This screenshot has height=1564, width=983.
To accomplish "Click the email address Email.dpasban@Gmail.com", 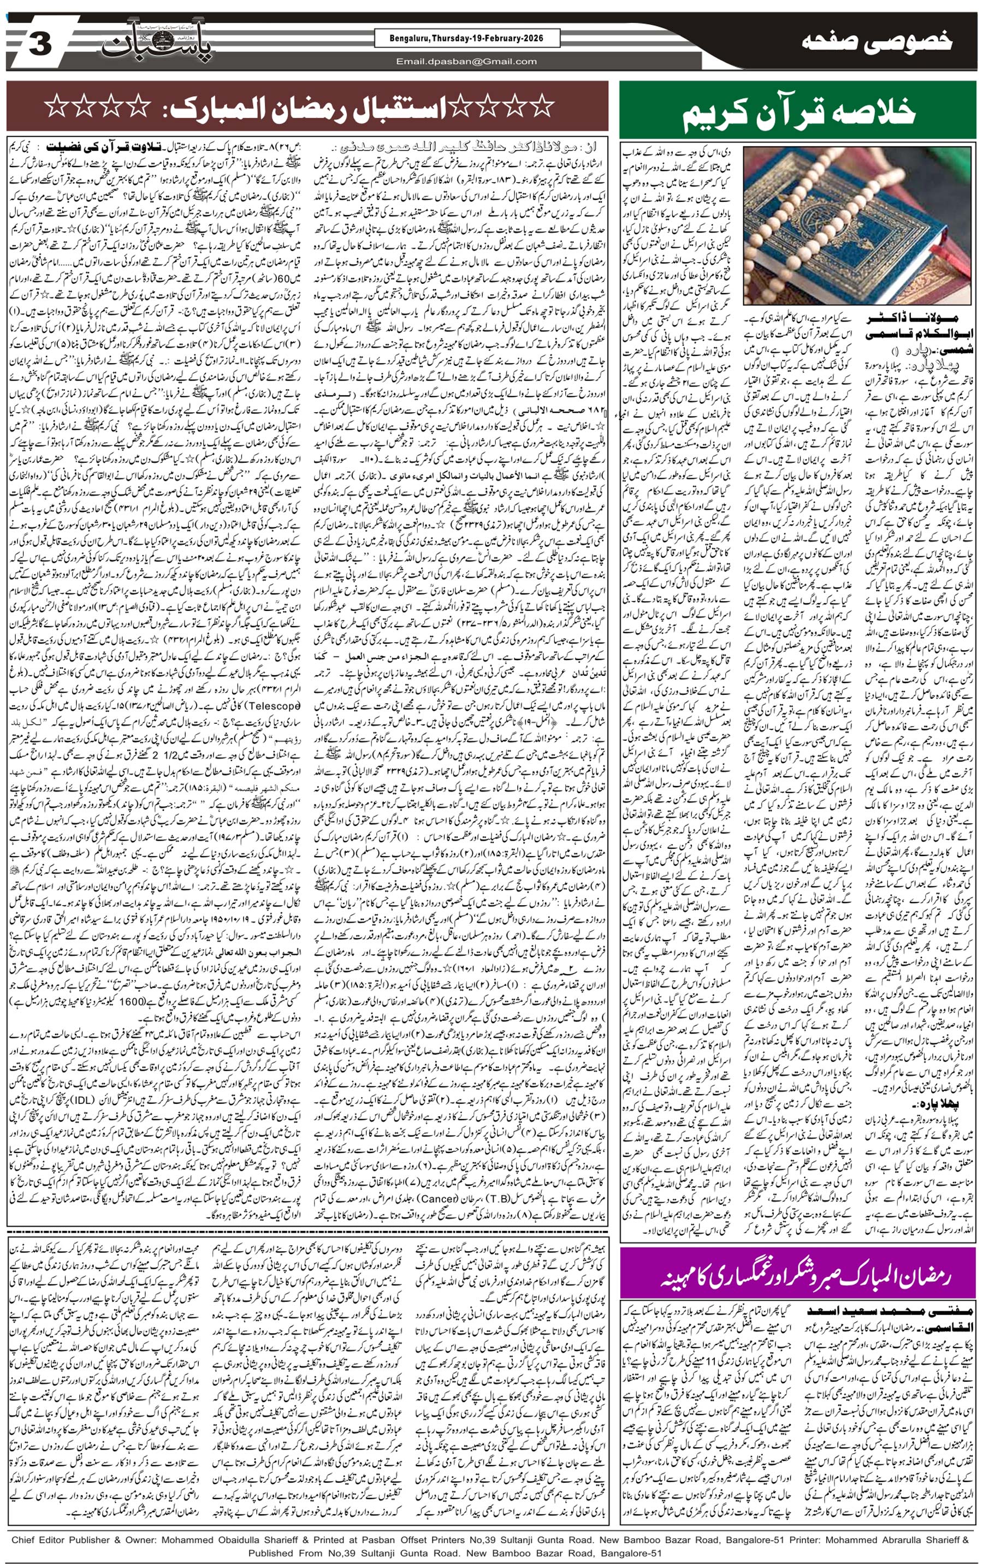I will (467, 62).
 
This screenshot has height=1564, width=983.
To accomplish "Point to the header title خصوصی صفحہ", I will (877, 42).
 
